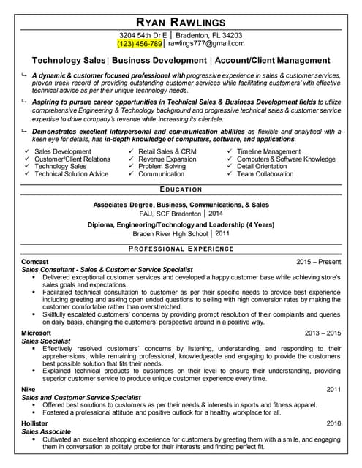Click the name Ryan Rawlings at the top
pos(181,22)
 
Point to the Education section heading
pos(181,189)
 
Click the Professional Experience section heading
pos(181,249)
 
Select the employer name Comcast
pos(35,262)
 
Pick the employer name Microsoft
pos(37,333)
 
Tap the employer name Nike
pos(29,389)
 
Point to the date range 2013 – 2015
pos(323,333)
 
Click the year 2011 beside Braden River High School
pos(222,233)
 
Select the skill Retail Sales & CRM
pos(167,151)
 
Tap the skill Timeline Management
pos(268,151)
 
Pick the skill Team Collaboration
pos(265,174)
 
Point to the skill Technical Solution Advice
pos(71,174)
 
